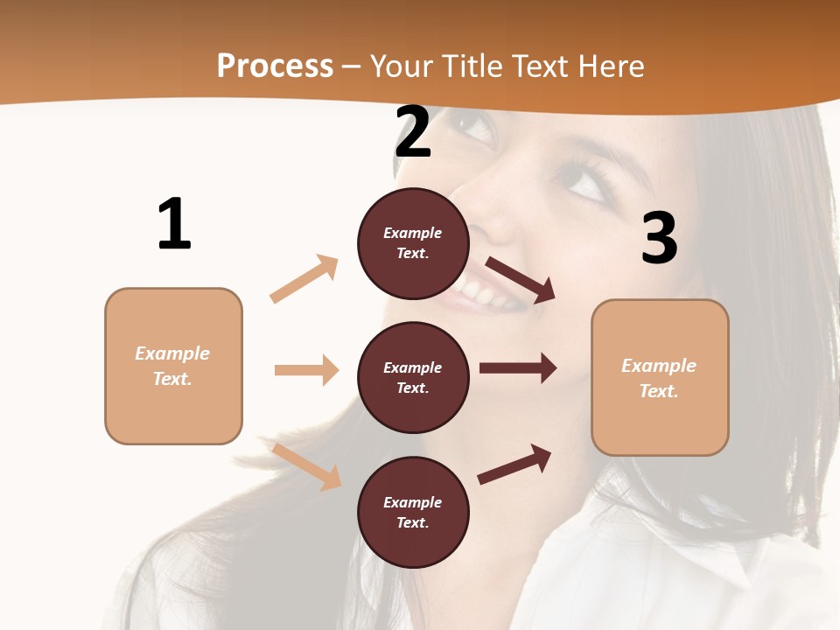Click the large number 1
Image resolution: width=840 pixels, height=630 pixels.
pyautogui.click(x=174, y=225)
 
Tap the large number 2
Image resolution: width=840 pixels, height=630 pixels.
pyautogui.click(x=413, y=133)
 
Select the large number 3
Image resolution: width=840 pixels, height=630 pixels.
pyautogui.click(x=660, y=239)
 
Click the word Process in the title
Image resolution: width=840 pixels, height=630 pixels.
pyautogui.click(x=275, y=66)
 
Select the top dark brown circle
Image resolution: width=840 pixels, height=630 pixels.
pyautogui.click(x=413, y=243)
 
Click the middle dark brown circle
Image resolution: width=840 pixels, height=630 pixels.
pyautogui.click(x=413, y=377)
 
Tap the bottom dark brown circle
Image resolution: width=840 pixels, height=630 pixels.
pyautogui.click(x=413, y=512)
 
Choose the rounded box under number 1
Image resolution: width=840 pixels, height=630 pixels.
pyautogui.click(x=173, y=366)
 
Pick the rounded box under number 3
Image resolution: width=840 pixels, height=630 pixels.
pyautogui.click(x=660, y=377)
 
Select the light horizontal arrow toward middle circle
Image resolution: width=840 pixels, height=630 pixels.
pyautogui.click(x=306, y=370)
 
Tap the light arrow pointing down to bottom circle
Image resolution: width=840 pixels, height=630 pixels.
pyautogui.click(x=307, y=466)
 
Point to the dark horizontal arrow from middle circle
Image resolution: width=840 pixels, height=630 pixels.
pyautogui.click(x=517, y=368)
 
